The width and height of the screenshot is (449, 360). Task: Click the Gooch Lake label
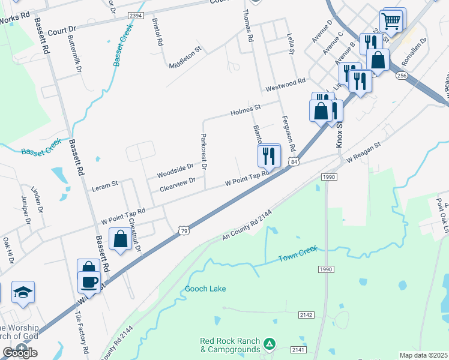206,289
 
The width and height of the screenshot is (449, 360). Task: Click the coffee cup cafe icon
89,282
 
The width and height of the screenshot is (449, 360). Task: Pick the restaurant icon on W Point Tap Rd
269,156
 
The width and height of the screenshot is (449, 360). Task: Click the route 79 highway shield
184,231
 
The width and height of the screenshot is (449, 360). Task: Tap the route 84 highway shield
293,161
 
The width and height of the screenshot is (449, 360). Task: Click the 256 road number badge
402,76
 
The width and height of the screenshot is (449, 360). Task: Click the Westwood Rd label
286,83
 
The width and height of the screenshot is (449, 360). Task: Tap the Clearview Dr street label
178,184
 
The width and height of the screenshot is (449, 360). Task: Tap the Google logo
20,352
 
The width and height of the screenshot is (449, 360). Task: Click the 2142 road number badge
306,314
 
